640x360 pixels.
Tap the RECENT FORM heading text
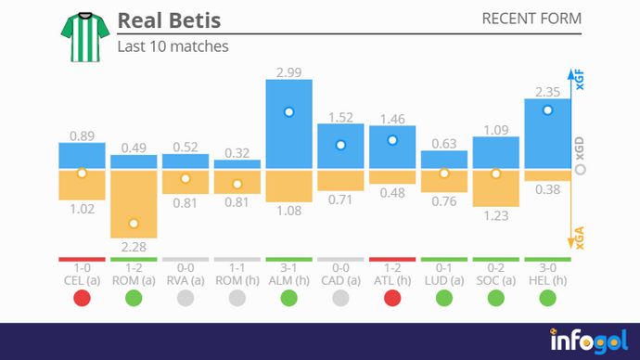pos(531,19)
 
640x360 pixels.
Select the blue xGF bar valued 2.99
pos(288,124)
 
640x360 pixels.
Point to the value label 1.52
pos(340,117)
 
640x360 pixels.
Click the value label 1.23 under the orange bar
pos(495,215)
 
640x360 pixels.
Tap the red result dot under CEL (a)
pos(82,298)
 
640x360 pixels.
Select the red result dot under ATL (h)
pos(392,298)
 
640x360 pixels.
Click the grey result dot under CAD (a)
pos(340,298)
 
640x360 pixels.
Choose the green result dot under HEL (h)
pos(547,298)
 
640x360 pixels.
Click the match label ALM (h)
pos(288,279)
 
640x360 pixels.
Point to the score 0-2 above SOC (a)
pos(495,267)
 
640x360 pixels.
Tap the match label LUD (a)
pos(444,279)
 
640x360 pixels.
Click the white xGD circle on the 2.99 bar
pos(288,111)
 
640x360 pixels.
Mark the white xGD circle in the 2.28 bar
pos(134,224)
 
